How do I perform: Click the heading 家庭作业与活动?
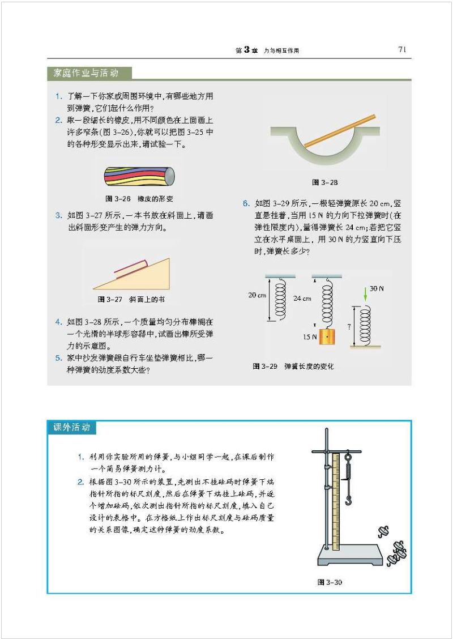(86, 73)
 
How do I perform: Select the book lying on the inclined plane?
(132, 266)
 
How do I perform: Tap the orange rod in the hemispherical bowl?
(340, 131)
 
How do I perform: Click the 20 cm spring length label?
(257, 296)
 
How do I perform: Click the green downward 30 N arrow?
(364, 293)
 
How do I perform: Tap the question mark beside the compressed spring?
(349, 327)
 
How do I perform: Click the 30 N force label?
(377, 288)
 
